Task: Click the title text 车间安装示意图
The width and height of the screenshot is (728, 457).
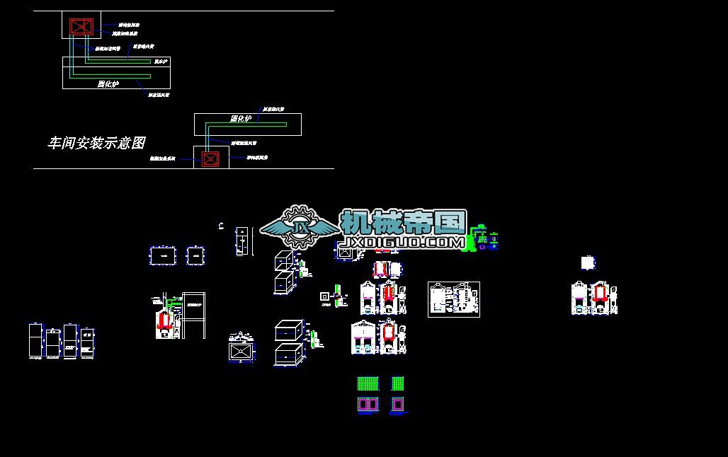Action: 96,144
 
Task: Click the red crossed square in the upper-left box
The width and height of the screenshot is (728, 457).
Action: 79,27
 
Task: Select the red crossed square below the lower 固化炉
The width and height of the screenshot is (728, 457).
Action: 210,158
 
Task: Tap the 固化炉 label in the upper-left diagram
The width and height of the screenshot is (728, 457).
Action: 108,84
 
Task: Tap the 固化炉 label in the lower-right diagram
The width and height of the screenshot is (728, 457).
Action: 241,119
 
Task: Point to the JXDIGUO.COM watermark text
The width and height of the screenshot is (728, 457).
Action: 402,243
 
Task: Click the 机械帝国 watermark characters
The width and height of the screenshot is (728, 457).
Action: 403,222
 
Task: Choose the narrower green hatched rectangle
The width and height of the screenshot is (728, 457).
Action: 397,383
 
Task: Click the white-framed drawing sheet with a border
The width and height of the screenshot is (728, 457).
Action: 454,299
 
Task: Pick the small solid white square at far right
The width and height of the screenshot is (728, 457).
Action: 587,263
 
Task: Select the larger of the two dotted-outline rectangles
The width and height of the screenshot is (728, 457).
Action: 162,255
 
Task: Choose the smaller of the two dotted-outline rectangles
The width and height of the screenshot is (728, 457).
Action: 195,255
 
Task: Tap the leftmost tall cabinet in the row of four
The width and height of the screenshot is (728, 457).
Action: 35,342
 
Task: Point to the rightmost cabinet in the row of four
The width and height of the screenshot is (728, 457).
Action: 87,342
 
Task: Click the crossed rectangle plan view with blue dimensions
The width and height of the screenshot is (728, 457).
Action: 241,351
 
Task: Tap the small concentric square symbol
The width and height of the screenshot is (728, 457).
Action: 324,296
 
